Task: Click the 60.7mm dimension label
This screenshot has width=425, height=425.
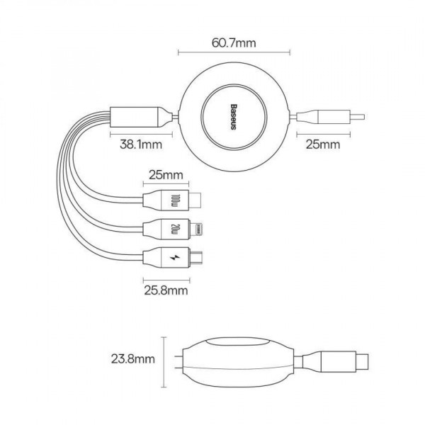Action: (234, 43)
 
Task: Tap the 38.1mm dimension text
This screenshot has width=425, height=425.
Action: (141, 144)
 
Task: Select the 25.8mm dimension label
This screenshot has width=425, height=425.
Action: (166, 290)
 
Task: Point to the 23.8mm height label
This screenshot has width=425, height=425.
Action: (133, 359)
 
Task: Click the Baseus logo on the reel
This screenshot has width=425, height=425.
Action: (233, 117)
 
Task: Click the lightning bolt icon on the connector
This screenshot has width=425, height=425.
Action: (175, 257)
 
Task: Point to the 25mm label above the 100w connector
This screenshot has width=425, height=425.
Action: (166, 175)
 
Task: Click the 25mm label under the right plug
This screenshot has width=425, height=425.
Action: (323, 144)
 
